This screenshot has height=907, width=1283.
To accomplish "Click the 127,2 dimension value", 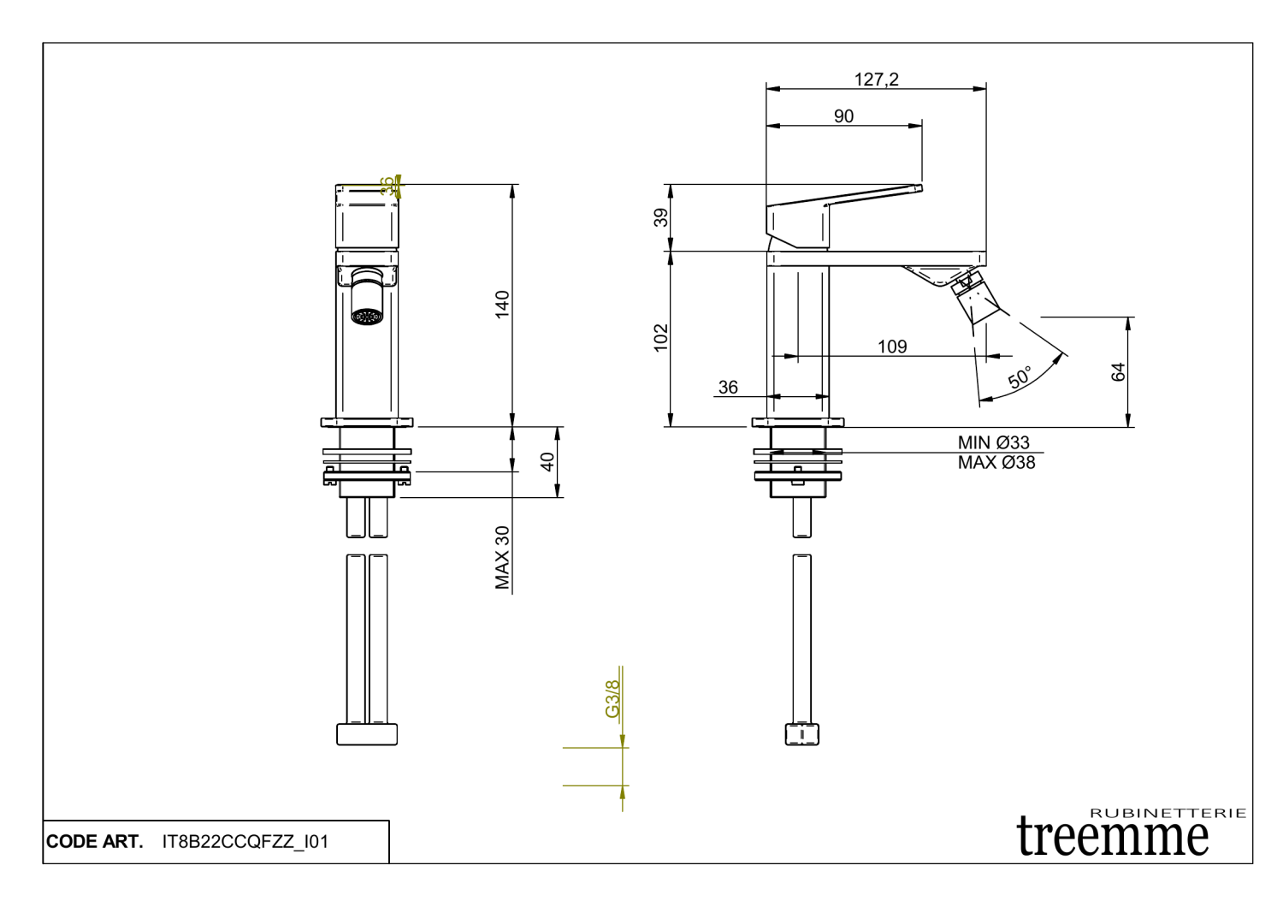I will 876,80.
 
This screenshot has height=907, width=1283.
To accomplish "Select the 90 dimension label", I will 843,116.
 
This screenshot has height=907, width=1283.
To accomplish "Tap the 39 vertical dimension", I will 661,218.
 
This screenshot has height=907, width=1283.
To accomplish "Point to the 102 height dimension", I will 661,337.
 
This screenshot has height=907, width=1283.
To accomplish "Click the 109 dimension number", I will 892,347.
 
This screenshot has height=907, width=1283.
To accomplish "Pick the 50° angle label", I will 1020,377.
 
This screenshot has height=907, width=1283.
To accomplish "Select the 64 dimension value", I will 1118,372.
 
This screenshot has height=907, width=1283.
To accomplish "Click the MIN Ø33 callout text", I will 993,442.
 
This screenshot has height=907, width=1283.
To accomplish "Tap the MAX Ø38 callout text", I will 996,463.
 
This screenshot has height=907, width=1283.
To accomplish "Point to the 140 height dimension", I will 502,305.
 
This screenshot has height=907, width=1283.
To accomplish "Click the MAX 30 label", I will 502,557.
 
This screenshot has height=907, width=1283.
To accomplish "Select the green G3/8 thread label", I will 612,699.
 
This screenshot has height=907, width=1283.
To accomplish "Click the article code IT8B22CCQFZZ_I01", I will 245,842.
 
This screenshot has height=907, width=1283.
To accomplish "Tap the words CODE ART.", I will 94,842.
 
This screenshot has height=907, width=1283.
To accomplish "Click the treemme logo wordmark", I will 1113,837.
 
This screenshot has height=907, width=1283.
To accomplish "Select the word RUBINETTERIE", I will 1168,813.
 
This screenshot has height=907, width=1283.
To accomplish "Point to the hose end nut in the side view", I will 801,734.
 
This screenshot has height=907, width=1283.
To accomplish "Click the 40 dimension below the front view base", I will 547,462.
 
